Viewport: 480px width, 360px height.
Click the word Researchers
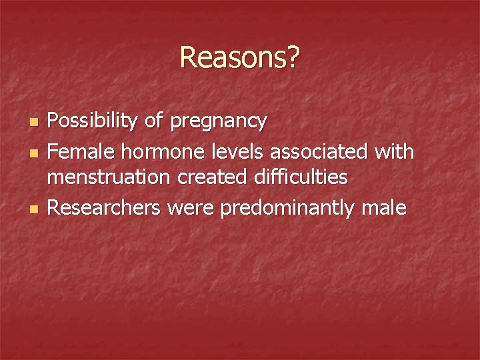(105, 209)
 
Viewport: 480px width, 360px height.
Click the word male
(383, 209)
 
